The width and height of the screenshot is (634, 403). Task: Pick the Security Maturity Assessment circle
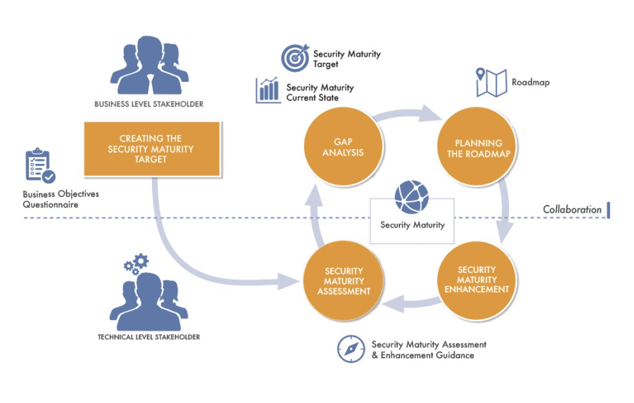click(344, 280)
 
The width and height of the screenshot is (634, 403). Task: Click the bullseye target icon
click(295, 58)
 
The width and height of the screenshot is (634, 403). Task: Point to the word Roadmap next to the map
click(530, 82)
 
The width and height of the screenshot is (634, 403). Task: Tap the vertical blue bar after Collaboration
click(607, 210)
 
